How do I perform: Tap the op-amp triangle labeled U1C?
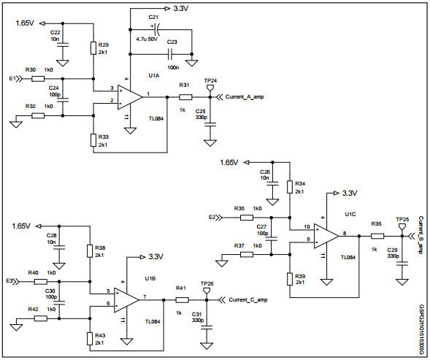click(326, 234)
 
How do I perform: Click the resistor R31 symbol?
click(185, 96)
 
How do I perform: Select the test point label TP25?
click(402, 219)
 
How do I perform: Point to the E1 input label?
click(12, 77)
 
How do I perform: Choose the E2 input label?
click(212, 217)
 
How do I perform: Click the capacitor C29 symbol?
click(401, 261)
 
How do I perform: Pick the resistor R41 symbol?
click(182, 299)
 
